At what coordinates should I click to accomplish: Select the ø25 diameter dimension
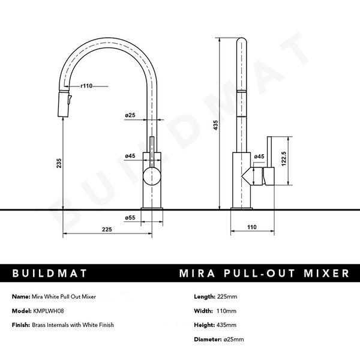(x=130, y=115)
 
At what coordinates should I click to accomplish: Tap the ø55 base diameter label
(x=130, y=217)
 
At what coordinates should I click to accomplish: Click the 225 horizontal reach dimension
(x=107, y=228)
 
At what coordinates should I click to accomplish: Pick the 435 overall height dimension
(x=215, y=124)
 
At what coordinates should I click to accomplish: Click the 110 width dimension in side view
(x=251, y=227)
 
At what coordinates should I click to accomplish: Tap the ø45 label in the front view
(x=130, y=156)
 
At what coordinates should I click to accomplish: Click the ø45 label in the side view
(x=259, y=157)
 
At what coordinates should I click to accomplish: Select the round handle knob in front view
(x=151, y=177)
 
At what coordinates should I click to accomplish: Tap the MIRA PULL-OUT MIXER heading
(x=264, y=274)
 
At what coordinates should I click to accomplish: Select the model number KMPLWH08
(x=48, y=311)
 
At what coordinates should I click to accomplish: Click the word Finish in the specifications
(x=22, y=325)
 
